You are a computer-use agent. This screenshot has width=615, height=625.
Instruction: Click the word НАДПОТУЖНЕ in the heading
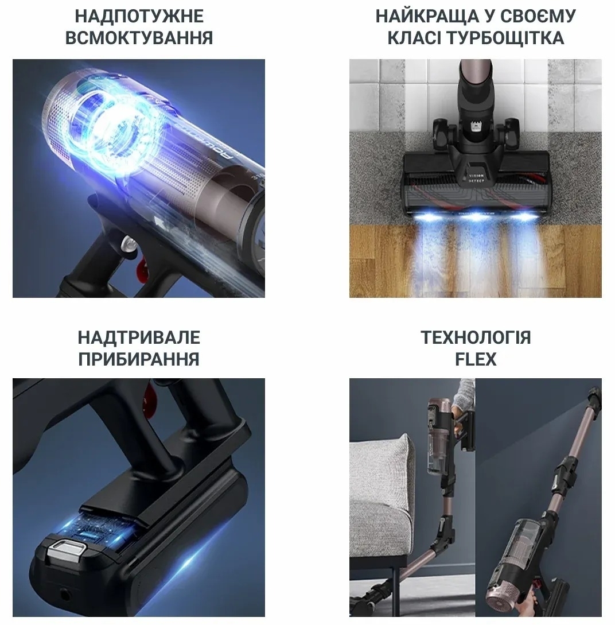139,16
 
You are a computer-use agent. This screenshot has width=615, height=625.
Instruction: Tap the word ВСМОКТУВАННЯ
139,38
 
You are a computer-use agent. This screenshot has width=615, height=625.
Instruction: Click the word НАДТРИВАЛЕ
139,337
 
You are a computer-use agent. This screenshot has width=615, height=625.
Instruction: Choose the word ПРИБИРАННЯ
139,359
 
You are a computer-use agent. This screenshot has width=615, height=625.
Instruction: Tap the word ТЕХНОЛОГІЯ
476,337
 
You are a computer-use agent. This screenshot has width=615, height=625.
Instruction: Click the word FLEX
476,359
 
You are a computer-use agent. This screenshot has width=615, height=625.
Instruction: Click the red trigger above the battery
149,395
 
